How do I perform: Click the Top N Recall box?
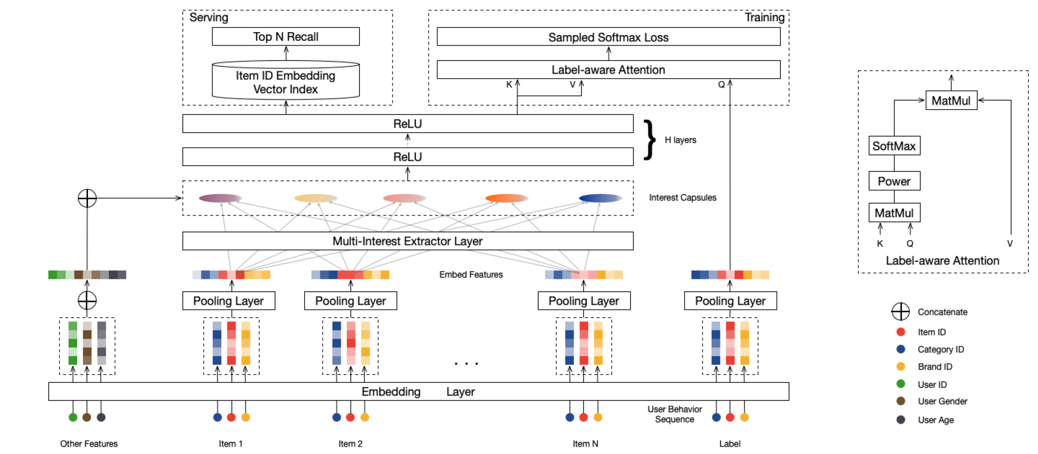tap(285, 37)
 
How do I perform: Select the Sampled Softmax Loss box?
tap(608, 37)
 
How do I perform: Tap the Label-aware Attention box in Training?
tap(608, 70)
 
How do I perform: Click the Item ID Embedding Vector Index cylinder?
tap(285, 82)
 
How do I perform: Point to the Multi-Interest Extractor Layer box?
tap(407, 241)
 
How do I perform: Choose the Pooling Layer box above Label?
tap(730, 301)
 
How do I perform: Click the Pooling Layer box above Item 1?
tap(228, 301)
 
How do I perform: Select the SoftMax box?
tap(894, 146)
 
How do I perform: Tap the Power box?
tap(894, 181)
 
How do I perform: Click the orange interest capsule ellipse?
tap(506, 198)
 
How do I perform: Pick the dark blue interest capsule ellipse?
tap(600, 198)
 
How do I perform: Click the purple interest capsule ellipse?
tap(220, 198)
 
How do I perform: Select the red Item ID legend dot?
tap(900, 332)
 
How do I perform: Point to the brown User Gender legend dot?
tap(900, 401)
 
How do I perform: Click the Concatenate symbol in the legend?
tap(900, 311)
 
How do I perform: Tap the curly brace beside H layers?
tap(650, 140)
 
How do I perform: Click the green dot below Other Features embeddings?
tap(72, 417)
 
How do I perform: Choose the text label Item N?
tap(585, 444)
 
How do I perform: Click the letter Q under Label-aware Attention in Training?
tap(721, 84)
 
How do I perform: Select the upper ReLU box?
tap(407, 124)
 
